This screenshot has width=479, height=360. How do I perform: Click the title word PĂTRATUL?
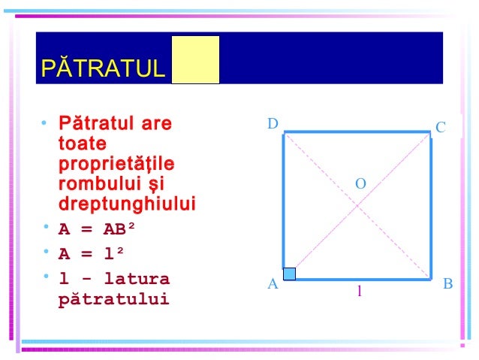pyautogui.click(x=102, y=69)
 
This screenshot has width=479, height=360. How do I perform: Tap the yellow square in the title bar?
pyautogui.click(x=195, y=59)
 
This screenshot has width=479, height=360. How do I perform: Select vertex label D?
pyautogui.click(x=273, y=123)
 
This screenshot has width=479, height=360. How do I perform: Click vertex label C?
pyautogui.click(x=441, y=128)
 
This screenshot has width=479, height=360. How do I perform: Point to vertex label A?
pyautogui.click(x=273, y=285)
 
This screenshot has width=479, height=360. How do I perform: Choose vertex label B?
pyautogui.click(x=447, y=284)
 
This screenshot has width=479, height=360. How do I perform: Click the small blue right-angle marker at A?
pyautogui.click(x=289, y=274)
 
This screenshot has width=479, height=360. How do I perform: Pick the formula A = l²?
pyautogui.click(x=92, y=255)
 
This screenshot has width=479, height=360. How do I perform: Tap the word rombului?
pyautogui.click(x=101, y=184)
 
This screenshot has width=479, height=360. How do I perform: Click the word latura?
pyautogui.click(x=137, y=280)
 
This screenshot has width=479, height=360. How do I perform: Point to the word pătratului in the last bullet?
pyautogui.click(x=113, y=300)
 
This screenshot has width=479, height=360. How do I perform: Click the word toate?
pyautogui.click(x=83, y=144)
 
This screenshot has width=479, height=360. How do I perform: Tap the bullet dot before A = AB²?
pyautogui.click(x=47, y=227)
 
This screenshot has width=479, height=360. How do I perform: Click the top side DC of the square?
pyautogui.click(x=357, y=133)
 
